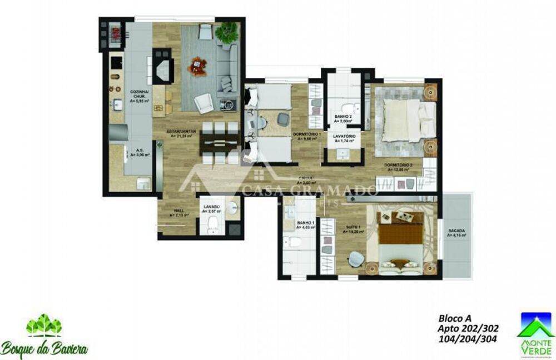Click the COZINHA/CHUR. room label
tap(138, 96)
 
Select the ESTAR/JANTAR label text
tap(181, 133)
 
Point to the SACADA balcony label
tap(456, 232)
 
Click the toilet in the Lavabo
tap(212, 226)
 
